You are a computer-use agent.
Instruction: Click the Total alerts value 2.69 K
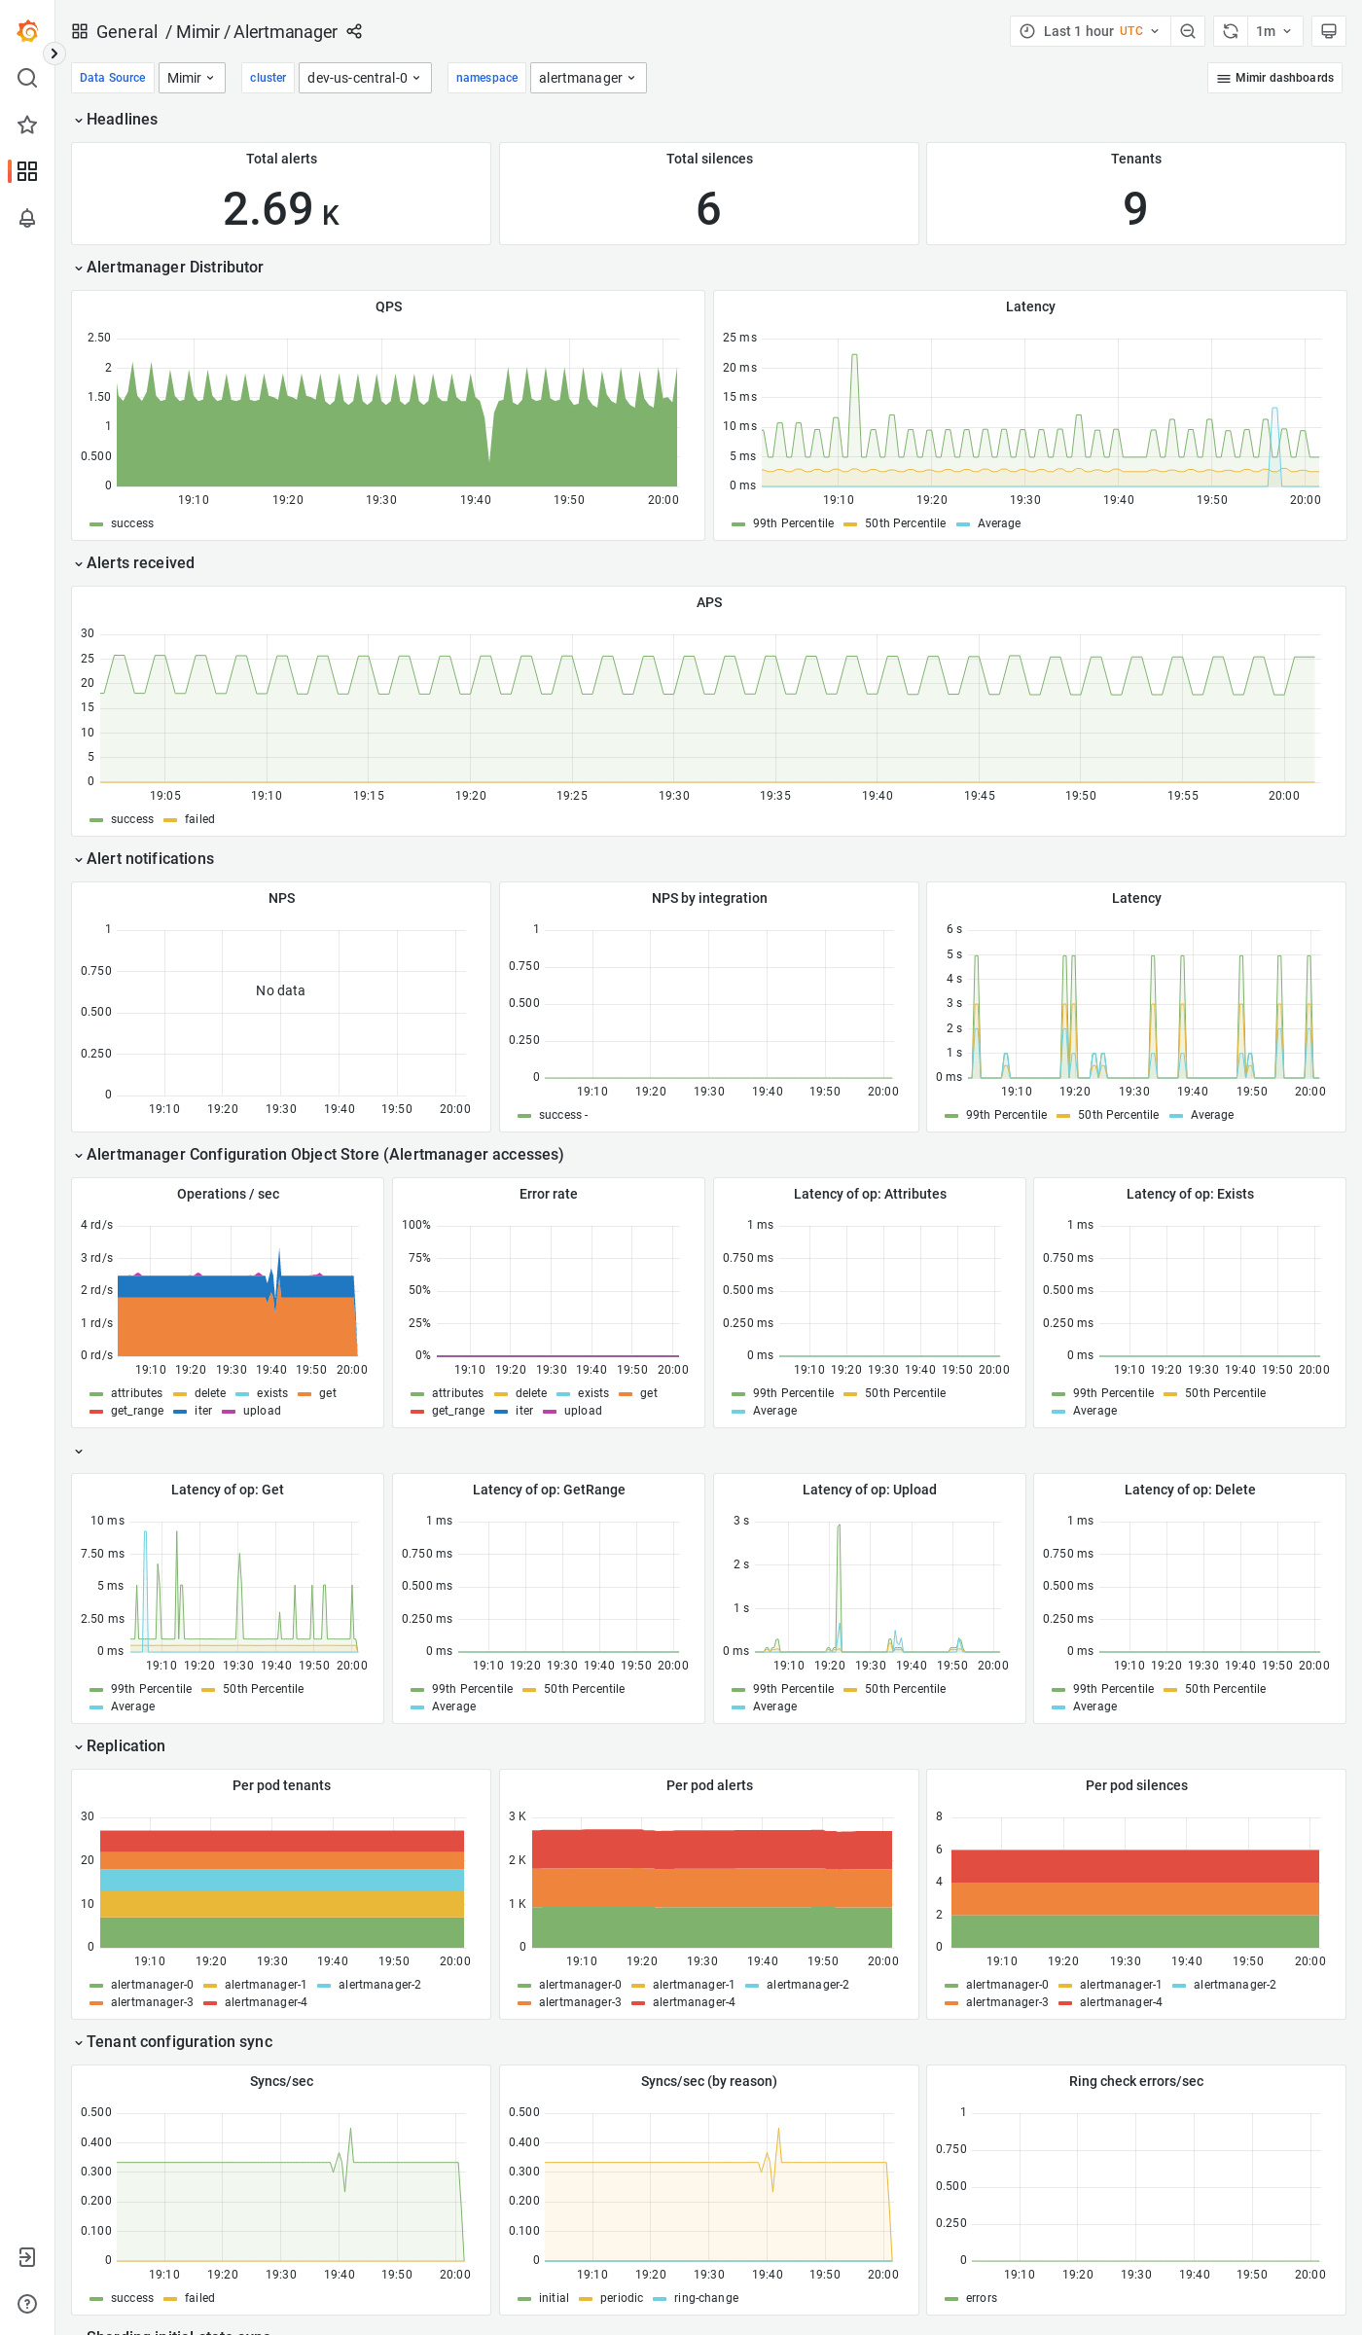pyautogui.click(x=280, y=209)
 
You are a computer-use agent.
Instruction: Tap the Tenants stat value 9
pyautogui.click(x=1135, y=209)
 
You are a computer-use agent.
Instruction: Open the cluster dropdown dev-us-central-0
pyautogui.click(x=364, y=78)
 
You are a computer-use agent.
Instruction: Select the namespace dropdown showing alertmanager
pyautogui.click(x=588, y=78)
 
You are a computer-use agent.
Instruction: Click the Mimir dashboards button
pyautogui.click(x=1274, y=78)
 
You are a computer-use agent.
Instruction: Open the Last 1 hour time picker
pyautogui.click(x=1089, y=31)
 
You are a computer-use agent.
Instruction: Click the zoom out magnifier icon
pyautogui.click(x=1188, y=31)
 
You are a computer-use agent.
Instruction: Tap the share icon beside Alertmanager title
pyautogui.click(x=354, y=32)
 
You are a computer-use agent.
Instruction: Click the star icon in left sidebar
pyautogui.click(x=27, y=125)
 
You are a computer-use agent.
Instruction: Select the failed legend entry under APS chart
pyautogui.click(x=198, y=819)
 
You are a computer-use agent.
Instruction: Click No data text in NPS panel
pyautogui.click(x=280, y=990)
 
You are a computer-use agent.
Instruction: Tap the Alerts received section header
pyautogui.click(x=140, y=563)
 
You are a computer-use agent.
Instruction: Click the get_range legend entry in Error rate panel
pyautogui.click(x=457, y=1411)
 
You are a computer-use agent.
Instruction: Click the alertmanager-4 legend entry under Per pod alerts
pyautogui.click(x=693, y=2002)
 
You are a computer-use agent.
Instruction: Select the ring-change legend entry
pyautogui.click(x=705, y=2298)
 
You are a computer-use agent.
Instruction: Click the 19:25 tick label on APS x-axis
pyautogui.click(x=572, y=796)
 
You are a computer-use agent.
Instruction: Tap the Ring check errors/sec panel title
pyautogui.click(x=1135, y=2081)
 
